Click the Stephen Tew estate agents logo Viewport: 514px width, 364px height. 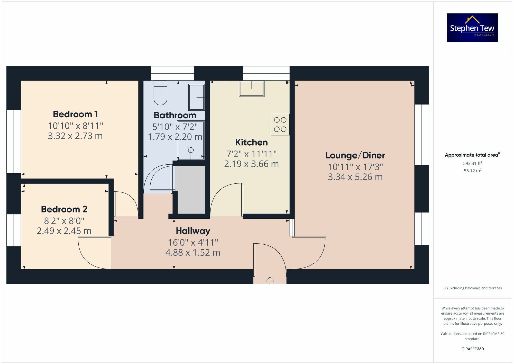point(472,28)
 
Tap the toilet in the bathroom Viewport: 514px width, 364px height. point(160,93)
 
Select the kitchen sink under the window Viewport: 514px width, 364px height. point(252,89)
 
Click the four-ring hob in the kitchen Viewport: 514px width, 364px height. point(280,125)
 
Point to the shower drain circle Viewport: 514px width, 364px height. point(191,150)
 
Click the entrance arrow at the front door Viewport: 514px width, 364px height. point(270,280)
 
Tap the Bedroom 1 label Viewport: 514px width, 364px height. point(75,114)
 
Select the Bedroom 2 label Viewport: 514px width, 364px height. point(64,209)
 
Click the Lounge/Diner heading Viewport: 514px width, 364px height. point(355,155)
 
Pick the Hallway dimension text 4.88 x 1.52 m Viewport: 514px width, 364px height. point(193,253)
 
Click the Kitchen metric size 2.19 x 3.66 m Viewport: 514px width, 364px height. point(251,164)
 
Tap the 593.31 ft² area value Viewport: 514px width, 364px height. point(472,163)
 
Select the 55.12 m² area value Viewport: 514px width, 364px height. point(472,171)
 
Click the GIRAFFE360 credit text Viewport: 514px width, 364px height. point(472,349)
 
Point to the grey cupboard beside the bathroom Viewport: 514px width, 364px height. point(190,190)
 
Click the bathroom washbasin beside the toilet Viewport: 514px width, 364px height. point(197,97)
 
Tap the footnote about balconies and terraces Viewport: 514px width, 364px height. point(472,288)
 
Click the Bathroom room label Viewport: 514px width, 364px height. point(175,115)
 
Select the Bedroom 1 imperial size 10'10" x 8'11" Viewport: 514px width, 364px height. point(75,126)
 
